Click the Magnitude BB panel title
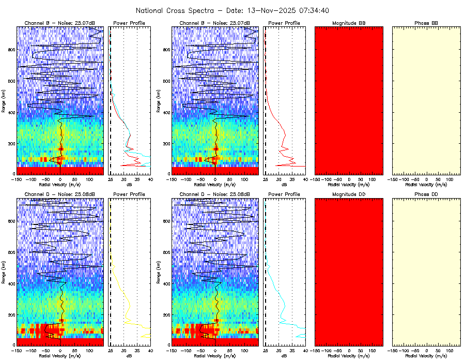click(x=349, y=23)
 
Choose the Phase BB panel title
click(x=426, y=23)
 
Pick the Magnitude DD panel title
click(x=349, y=194)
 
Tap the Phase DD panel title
click(x=426, y=194)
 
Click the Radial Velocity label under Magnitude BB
click(x=349, y=184)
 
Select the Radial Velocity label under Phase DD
click(x=426, y=356)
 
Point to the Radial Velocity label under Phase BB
click(x=426, y=184)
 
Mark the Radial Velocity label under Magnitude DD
click(x=349, y=356)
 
